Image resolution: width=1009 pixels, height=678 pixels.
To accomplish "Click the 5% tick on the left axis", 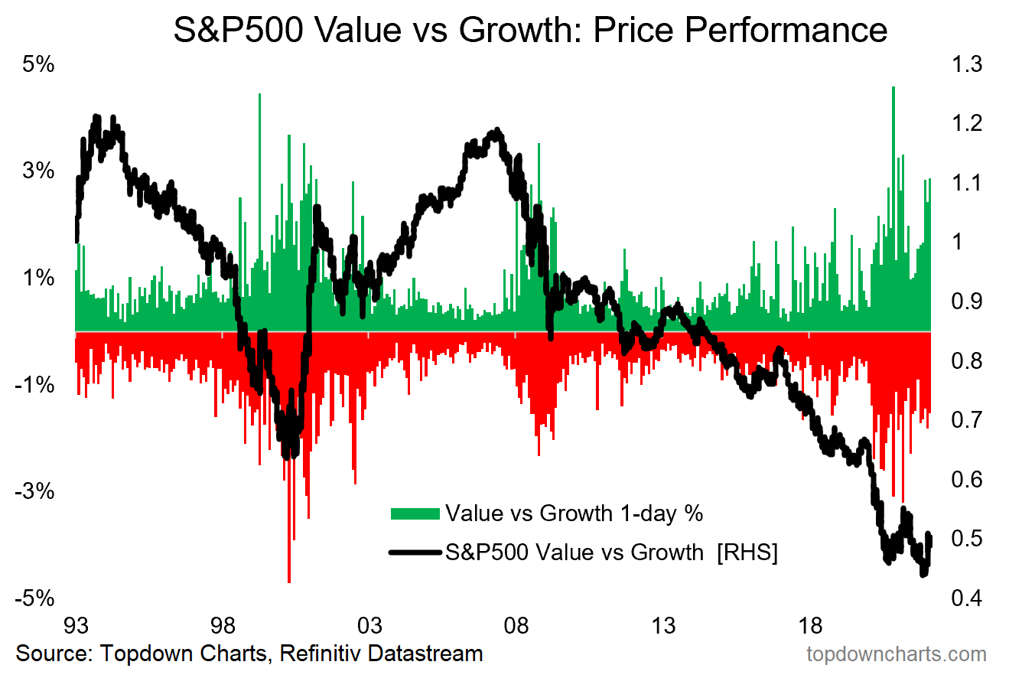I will pos(38,65).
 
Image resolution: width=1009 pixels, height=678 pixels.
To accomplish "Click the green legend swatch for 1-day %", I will pos(415,513).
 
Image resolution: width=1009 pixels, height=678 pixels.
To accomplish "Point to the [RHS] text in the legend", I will pos(747,552).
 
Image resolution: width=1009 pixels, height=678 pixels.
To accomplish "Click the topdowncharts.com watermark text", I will pos(897,655).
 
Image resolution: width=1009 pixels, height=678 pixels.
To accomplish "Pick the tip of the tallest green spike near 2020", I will pos(893,87).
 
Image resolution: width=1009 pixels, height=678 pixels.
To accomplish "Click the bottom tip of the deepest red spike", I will pos(288,582).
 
